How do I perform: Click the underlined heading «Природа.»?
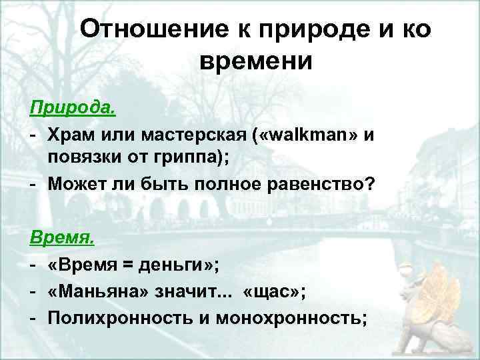[x=65, y=107]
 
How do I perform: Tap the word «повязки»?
[x=79, y=159]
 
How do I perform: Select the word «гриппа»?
[x=176, y=159]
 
